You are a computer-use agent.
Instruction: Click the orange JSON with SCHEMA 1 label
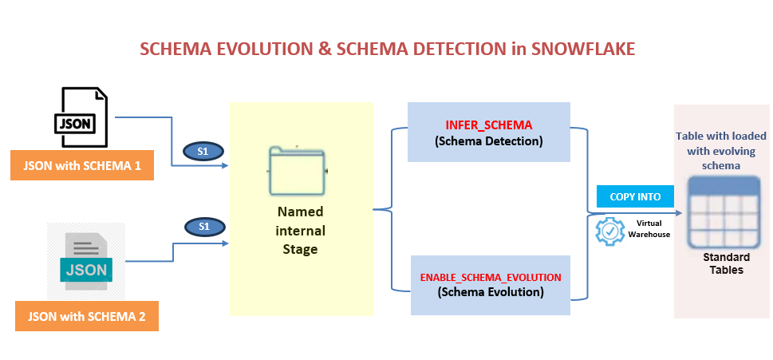pyautogui.click(x=82, y=165)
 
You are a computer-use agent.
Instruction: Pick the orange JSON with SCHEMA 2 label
pyautogui.click(x=87, y=316)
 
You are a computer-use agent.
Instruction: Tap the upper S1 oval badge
pyautogui.click(x=203, y=150)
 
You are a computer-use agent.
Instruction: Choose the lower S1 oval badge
pyautogui.click(x=203, y=227)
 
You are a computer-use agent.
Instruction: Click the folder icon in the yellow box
pyautogui.click(x=298, y=171)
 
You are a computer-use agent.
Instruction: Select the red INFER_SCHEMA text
pyautogui.click(x=488, y=126)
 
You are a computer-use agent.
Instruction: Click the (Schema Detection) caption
pyautogui.click(x=488, y=141)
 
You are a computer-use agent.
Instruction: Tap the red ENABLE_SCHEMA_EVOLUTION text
pyautogui.click(x=491, y=277)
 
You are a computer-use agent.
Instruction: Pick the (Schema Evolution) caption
pyautogui.click(x=491, y=292)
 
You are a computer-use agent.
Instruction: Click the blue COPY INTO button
pyautogui.click(x=634, y=196)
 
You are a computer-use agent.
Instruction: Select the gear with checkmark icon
pyautogui.click(x=611, y=231)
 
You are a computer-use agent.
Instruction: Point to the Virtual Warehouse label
pyautogui.click(x=653, y=229)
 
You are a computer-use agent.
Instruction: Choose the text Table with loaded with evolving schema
pyautogui.click(x=720, y=151)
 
